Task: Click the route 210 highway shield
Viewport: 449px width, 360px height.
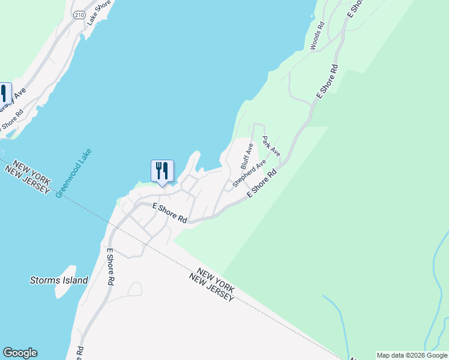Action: (79, 14)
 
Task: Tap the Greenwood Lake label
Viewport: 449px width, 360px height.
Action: (73, 173)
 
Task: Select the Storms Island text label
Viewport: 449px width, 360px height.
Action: (59, 280)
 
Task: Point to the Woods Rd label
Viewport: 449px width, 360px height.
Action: (317, 35)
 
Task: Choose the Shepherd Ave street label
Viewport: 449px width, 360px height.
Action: (249, 173)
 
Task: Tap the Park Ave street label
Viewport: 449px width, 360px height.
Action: (271, 146)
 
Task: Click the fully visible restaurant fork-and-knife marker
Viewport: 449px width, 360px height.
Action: (162, 172)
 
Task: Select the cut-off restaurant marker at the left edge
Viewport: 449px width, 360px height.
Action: (4, 95)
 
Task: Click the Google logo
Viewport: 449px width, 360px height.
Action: (20, 353)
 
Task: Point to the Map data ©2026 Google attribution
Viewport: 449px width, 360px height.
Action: (412, 355)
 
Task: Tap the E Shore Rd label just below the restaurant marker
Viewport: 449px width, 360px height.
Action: (169, 212)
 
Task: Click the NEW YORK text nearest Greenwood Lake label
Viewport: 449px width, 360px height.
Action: (29, 167)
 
